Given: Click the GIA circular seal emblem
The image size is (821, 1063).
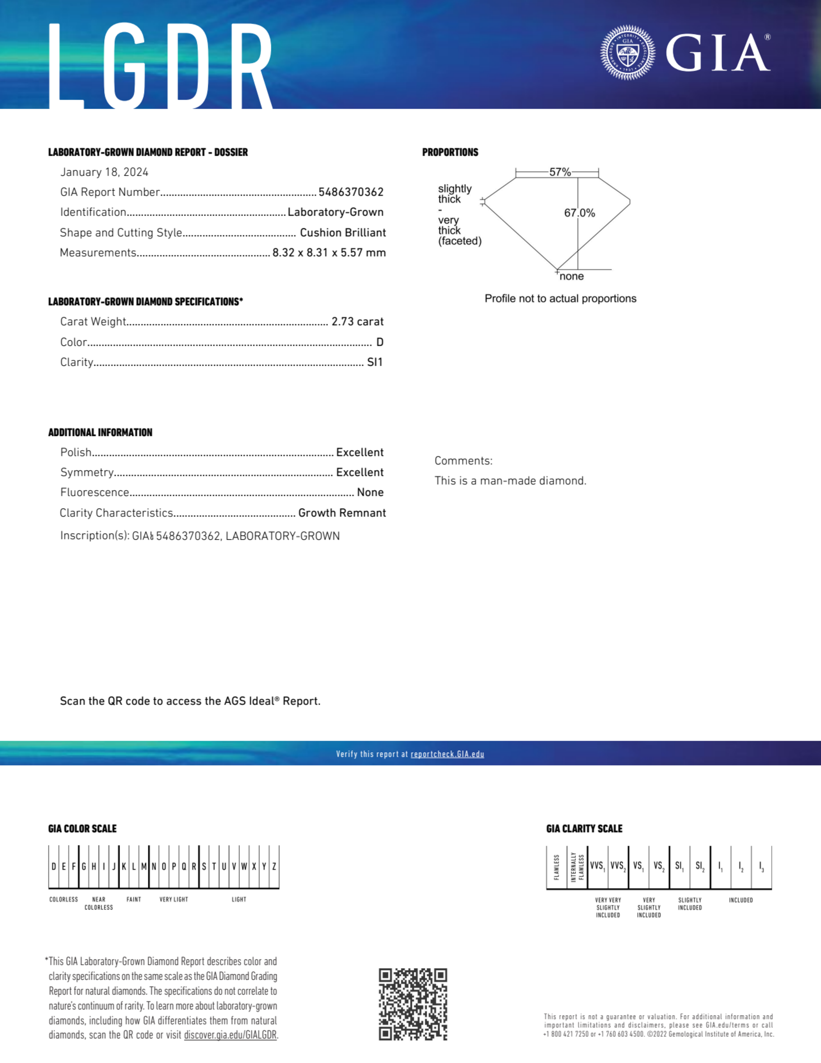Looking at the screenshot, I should tap(627, 52).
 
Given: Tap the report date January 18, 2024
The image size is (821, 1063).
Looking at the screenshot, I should tap(104, 172).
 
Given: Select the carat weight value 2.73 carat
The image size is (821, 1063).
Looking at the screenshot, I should tap(357, 322).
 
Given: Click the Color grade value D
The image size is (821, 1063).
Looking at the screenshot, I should tap(380, 342).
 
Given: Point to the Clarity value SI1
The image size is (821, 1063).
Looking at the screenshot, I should tap(375, 362).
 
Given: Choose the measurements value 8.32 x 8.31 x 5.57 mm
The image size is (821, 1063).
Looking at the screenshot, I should tap(329, 252).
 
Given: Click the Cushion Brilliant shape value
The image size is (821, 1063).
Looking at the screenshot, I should tap(343, 233).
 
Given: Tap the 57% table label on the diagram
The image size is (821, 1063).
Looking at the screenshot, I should tap(560, 172).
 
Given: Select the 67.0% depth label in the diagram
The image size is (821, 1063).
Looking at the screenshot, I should tap(579, 213).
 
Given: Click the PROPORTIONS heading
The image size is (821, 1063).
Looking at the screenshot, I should tap(450, 152).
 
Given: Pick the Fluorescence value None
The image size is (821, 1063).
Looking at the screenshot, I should tap(370, 493).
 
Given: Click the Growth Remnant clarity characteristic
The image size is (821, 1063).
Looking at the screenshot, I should tap(342, 513).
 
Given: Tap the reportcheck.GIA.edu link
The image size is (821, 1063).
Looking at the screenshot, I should tap(447, 754).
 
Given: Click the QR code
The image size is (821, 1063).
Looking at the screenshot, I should tap(413, 1004).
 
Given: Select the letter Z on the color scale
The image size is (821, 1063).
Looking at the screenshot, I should tap(274, 867).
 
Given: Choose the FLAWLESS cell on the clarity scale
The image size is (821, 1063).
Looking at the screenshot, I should tap(556, 867).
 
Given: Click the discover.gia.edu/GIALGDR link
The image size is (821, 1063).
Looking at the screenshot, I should tap(230, 1035).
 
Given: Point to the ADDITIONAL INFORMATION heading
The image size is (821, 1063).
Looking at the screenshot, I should tap(100, 433).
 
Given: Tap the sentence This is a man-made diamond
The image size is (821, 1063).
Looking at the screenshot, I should tap(510, 481).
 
